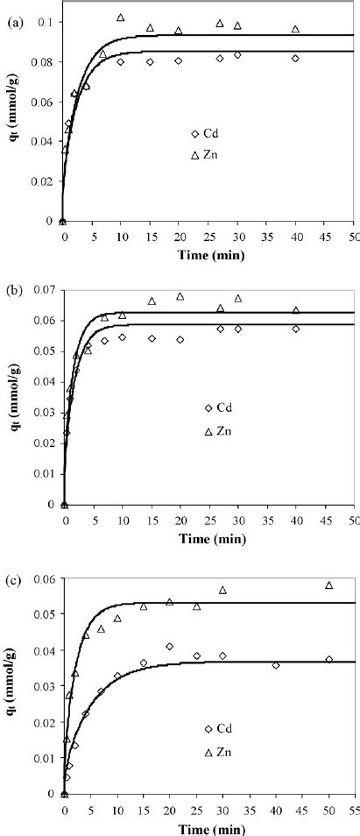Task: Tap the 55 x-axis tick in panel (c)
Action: (x=352, y=808)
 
